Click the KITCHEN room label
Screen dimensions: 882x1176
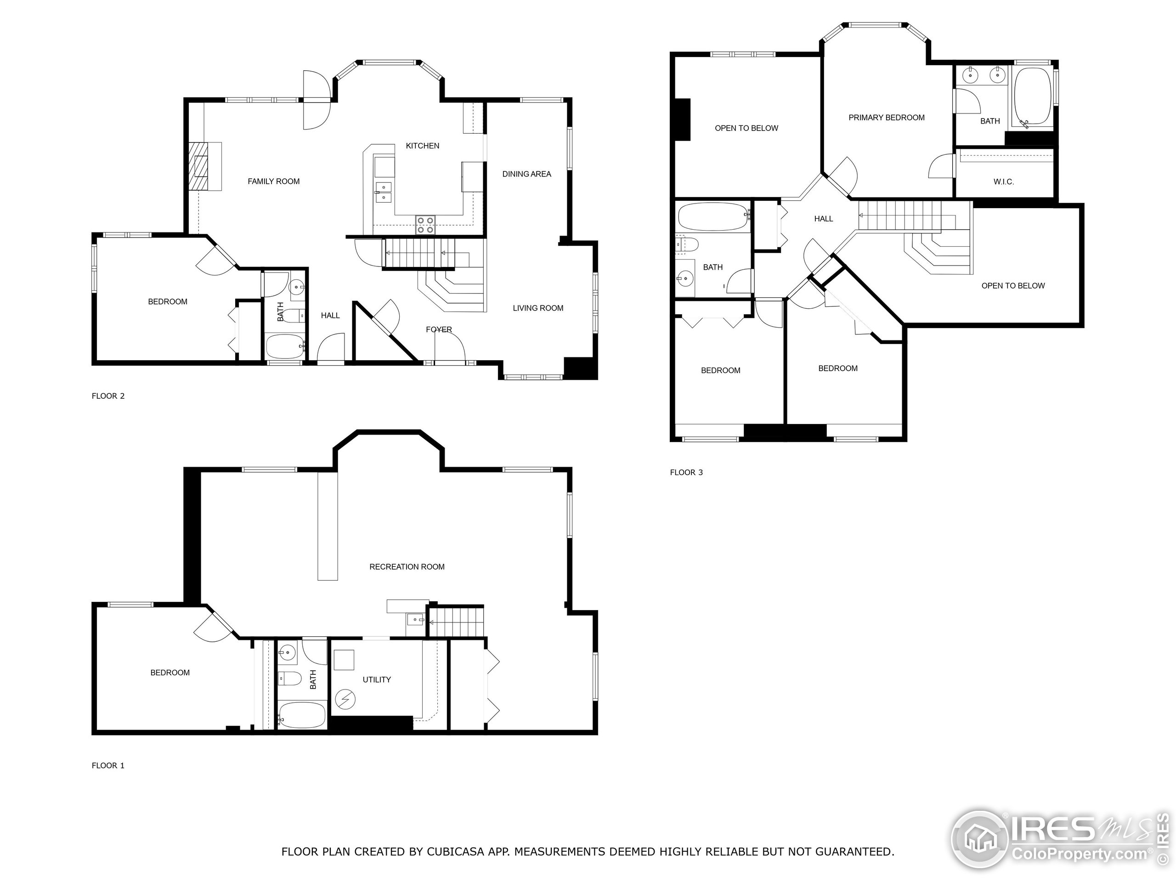(422, 146)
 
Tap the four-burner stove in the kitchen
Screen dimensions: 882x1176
(425, 225)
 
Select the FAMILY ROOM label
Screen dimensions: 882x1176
(273, 181)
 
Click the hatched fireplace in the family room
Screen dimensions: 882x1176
(200, 166)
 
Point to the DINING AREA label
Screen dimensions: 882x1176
(526, 174)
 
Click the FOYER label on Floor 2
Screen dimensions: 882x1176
(439, 330)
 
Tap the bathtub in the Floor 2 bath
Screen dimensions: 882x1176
(285, 347)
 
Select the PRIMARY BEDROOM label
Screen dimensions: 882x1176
(886, 118)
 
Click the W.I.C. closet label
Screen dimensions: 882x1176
(1003, 182)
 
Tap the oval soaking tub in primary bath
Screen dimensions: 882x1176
(1033, 96)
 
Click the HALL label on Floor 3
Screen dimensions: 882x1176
(823, 219)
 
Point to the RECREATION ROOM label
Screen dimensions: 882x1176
(407, 567)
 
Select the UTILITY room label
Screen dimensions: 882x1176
(376, 679)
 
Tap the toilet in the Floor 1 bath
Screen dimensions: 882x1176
(289, 678)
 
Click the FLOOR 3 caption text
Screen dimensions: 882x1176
(686, 472)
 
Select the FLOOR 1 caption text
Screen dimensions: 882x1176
(108, 766)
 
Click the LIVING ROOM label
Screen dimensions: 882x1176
(537, 308)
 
